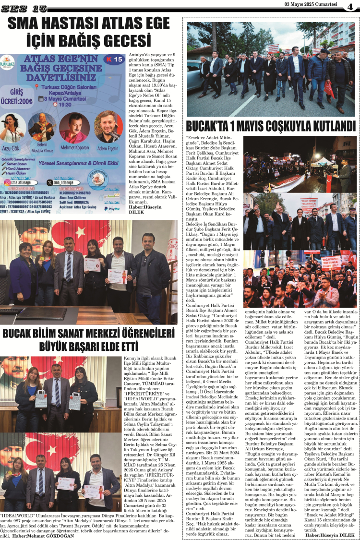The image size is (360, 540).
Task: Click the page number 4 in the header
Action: tap(350, 7)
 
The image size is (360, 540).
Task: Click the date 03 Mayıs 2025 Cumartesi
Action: tap(311, 4)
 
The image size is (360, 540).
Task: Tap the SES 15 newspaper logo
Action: tap(24, 8)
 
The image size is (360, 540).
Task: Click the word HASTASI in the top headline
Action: tap(77, 23)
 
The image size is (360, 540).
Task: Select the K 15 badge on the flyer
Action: tap(115, 59)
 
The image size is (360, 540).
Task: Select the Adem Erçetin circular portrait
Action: tap(108, 127)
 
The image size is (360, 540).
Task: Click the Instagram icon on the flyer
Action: tap(7, 182)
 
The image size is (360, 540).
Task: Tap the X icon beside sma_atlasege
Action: tap(50, 182)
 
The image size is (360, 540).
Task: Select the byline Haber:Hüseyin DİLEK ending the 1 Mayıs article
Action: tap(330, 535)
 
